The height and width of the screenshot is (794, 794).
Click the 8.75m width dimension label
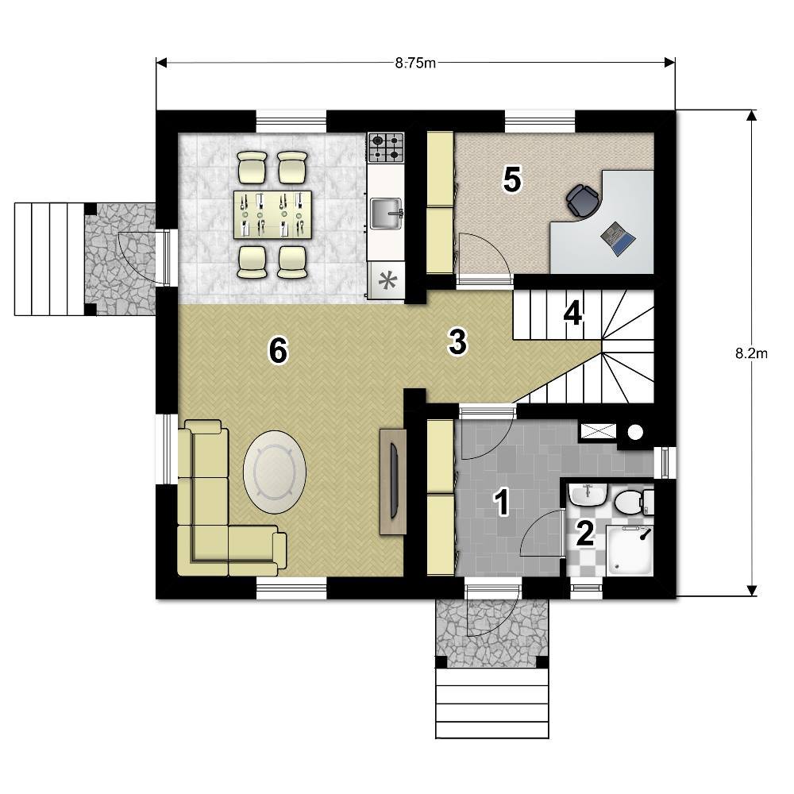pyautogui.click(x=414, y=63)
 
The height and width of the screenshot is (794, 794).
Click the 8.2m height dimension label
pyautogui.click(x=751, y=353)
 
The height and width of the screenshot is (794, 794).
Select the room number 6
pyautogui.click(x=278, y=350)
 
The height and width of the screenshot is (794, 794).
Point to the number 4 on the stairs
pyautogui.click(x=572, y=314)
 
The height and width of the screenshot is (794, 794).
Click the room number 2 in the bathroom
pyautogui.click(x=585, y=534)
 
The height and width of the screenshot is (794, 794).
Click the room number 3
pyautogui.click(x=458, y=342)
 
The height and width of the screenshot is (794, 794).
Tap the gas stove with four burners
pyautogui.click(x=386, y=148)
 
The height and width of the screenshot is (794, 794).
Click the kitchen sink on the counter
pyautogui.click(x=387, y=213)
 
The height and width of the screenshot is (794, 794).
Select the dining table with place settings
pyautogui.click(x=272, y=214)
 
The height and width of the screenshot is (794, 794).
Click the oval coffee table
pyautogui.click(x=275, y=472)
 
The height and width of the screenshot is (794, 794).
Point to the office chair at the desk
pyautogui.click(x=582, y=200)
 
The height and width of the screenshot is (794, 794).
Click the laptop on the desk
pyautogui.click(x=618, y=238)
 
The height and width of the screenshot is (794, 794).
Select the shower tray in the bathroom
pyautogui.click(x=630, y=550)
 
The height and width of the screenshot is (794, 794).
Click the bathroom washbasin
pyautogui.click(x=588, y=495)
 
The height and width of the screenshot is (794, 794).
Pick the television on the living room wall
pyautogui.click(x=395, y=480)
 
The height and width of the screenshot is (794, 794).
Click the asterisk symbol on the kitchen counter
pyautogui.click(x=388, y=281)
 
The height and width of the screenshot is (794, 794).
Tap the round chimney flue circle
pyautogui.click(x=635, y=433)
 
